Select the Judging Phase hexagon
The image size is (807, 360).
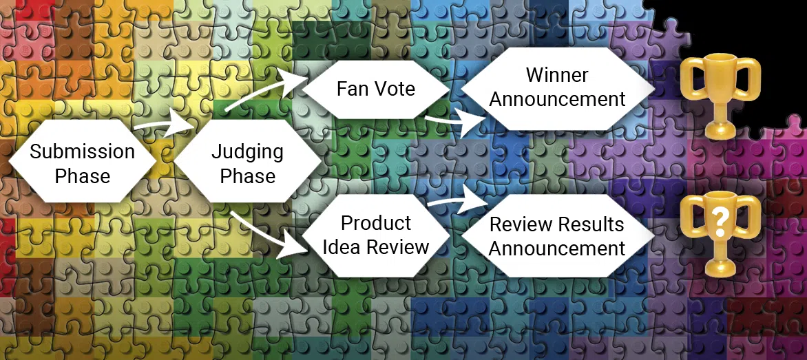click(247, 162)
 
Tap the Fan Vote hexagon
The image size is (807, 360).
click(375, 89)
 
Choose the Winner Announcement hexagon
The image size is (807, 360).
click(557, 87)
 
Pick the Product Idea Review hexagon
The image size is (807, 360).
click(375, 234)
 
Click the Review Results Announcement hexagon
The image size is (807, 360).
click(557, 236)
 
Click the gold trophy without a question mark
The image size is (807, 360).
click(720, 93)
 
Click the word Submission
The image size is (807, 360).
click(82, 151)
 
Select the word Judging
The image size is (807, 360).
click(247, 151)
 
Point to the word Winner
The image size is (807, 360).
click(557, 75)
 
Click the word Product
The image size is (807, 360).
click(375, 223)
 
